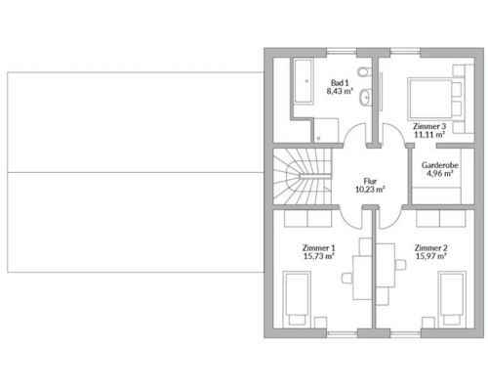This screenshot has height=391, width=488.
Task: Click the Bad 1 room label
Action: point(340,83)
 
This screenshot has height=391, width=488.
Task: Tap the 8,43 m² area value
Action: point(340,91)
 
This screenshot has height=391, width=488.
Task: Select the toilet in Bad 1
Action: point(364,71)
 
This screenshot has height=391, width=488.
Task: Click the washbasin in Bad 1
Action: point(365,97)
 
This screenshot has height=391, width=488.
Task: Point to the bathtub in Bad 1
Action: point(304,81)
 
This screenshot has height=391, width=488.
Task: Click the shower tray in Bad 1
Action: point(326,130)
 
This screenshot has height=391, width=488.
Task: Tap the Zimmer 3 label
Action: point(429,126)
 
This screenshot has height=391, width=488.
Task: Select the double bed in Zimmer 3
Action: point(434,99)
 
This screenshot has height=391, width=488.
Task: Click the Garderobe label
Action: point(440,165)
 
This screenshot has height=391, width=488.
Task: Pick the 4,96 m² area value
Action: point(440,173)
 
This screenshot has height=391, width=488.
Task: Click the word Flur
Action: point(370,181)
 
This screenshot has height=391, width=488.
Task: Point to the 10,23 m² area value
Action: point(370,190)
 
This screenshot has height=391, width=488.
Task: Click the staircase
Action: point(303,176)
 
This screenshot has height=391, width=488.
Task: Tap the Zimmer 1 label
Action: point(318,248)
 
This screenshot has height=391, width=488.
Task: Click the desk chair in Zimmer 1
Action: point(347,278)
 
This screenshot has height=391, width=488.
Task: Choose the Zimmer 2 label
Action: point(430,248)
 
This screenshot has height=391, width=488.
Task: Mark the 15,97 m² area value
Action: point(430,256)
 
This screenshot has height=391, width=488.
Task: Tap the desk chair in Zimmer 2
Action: point(400,265)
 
